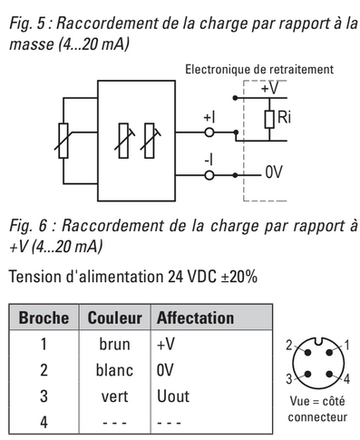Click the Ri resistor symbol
coord(269,119)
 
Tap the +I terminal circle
coord(209,132)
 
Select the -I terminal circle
coord(209,175)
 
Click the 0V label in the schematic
coord(274,172)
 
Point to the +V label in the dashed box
coord(269,88)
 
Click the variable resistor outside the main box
coord(63,141)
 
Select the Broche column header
coord(44,318)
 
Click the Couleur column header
coord(114,318)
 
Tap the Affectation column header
coord(195,318)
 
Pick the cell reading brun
coord(114,344)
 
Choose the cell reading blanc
coord(114,370)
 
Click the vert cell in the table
coord(114,396)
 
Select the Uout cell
coord(173,396)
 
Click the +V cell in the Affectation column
coord(166,344)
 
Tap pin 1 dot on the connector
coord(329,352)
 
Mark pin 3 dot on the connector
coord(307,374)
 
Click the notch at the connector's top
coord(318,341)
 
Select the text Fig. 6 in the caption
coord(28,226)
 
